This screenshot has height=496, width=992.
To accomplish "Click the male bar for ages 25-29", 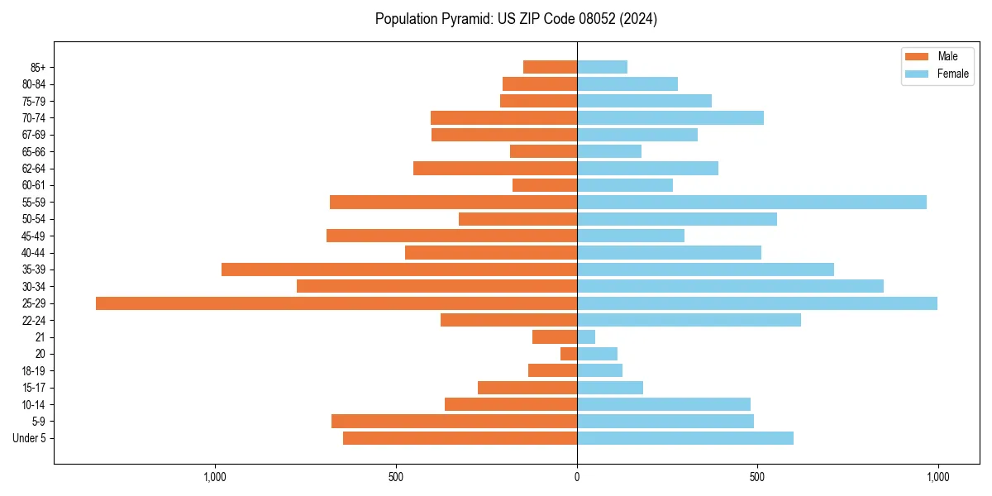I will pyautogui.click(x=336, y=303).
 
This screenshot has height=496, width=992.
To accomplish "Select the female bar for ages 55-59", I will pyautogui.click(x=751, y=203).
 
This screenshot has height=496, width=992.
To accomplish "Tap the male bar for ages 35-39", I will pyautogui.click(x=399, y=269).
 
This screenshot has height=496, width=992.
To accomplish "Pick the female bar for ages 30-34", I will pyautogui.click(x=730, y=286).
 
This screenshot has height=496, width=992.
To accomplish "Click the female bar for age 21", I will pyautogui.click(x=586, y=337).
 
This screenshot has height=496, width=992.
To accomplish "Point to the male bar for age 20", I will pyautogui.click(x=569, y=354).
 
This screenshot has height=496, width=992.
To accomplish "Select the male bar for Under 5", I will pyautogui.click(x=460, y=438).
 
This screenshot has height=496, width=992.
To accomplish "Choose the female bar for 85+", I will pyautogui.click(x=602, y=67).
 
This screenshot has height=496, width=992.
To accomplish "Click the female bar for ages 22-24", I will pyautogui.click(x=689, y=320).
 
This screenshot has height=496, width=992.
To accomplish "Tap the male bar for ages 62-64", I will pyautogui.click(x=495, y=169).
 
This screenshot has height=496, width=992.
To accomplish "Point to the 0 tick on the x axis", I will pyautogui.click(x=577, y=477).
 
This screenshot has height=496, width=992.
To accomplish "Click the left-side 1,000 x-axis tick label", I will pyautogui.click(x=215, y=477).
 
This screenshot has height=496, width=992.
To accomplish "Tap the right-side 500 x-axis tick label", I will pyautogui.click(x=757, y=477).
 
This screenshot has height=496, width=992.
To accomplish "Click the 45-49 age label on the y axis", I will pyautogui.click(x=34, y=236).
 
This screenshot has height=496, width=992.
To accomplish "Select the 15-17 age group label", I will pyautogui.click(x=34, y=388).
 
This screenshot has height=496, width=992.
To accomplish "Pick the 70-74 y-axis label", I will pyautogui.click(x=34, y=118).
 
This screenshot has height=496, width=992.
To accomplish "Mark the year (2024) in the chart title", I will pyautogui.click(x=641, y=19).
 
